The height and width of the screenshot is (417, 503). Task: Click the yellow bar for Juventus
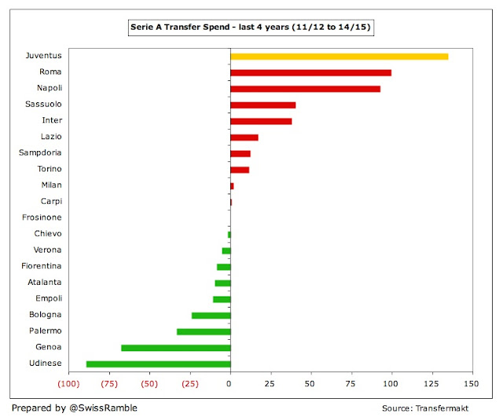[x=339, y=57]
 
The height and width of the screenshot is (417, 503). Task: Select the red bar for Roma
[x=310, y=72]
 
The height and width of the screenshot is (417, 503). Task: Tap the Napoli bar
[x=305, y=89]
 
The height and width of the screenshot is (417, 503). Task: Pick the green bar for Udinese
[x=158, y=363]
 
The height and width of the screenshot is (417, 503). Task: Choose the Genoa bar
[x=175, y=347]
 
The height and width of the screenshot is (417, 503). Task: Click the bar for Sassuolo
[x=263, y=105]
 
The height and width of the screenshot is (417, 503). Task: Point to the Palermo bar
[x=204, y=331]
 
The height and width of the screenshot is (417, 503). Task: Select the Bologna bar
[x=211, y=315]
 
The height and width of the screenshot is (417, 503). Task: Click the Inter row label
[x=52, y=120]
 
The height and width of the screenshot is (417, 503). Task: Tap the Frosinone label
[x=42, y=217]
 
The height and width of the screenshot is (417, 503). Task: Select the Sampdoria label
[x=40, y=153]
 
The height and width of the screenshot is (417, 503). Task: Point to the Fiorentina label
[x=42, y=266]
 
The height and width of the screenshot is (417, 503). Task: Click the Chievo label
[x=47, y=234]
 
